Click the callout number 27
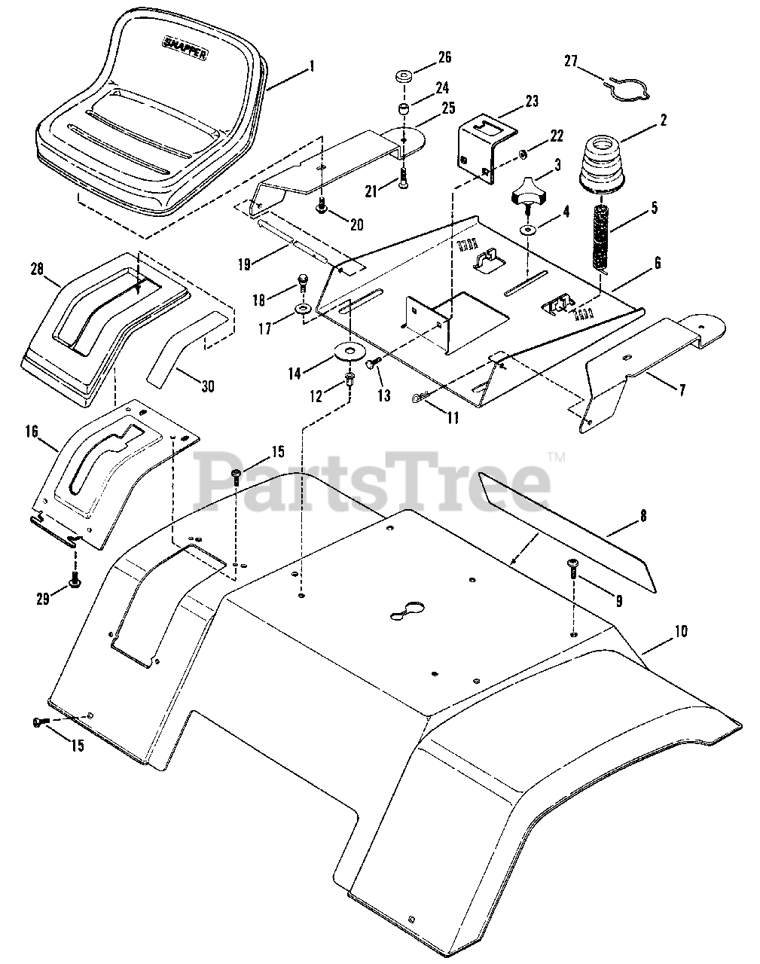click(572, 62)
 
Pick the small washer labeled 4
click(527, 228)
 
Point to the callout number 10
click(680, 631)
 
